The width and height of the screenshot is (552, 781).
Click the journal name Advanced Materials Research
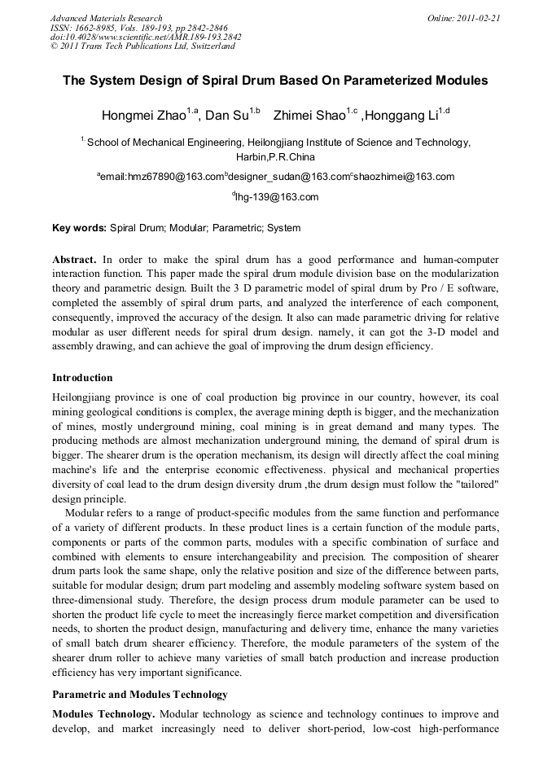[x=106, y=18]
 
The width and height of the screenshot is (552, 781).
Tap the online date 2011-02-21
[x=478, y=18]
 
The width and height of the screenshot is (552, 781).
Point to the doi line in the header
[x=146, y=37]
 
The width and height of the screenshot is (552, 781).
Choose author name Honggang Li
[x=402, y=116]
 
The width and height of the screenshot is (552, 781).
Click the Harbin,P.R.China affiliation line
[x=275, y=156]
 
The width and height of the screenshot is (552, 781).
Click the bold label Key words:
[x=79, y=228]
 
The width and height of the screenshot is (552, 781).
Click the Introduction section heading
[x=82, y=378]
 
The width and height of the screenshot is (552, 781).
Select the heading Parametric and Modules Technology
[x=139, y=695]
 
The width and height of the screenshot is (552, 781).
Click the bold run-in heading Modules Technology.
[x=103, y=714]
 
